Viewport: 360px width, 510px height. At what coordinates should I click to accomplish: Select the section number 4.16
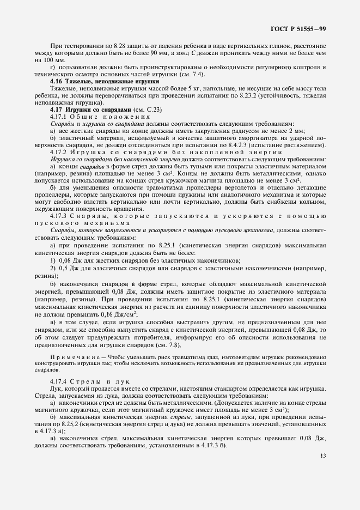pyautogui.click(x=56, y=81)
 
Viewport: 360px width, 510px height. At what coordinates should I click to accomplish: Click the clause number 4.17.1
pyautogui.click(x=57, y=117)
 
